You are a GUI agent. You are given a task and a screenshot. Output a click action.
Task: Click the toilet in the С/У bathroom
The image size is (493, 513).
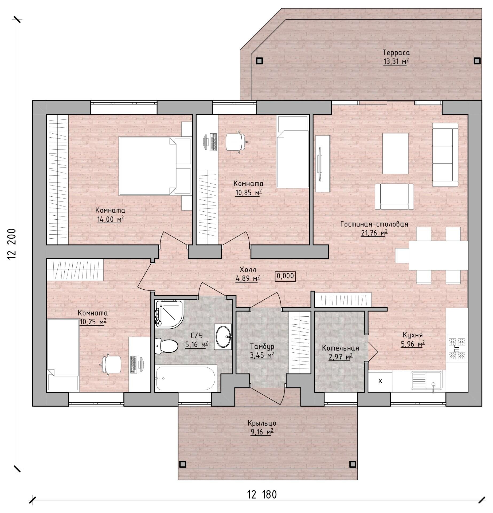166,346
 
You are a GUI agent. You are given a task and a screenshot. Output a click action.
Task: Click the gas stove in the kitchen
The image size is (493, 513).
457,349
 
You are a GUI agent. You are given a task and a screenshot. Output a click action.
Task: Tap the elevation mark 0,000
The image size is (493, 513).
285,276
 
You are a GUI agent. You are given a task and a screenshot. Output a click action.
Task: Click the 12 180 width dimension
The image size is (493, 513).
262,495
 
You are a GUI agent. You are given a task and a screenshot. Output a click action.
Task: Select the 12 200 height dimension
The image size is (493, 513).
12,244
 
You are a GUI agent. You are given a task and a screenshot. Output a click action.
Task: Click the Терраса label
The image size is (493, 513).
396,52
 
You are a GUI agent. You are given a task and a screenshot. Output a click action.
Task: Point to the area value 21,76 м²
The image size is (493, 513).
374,233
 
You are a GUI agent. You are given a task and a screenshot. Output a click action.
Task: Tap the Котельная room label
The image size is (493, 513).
340,348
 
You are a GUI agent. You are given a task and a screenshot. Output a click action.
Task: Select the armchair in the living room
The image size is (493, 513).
394,196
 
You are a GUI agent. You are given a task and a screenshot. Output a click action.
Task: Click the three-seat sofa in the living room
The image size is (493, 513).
445,154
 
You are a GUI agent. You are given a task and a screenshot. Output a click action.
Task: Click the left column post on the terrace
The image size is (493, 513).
259,61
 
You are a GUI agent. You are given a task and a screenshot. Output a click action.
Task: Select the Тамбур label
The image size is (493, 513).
262,347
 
